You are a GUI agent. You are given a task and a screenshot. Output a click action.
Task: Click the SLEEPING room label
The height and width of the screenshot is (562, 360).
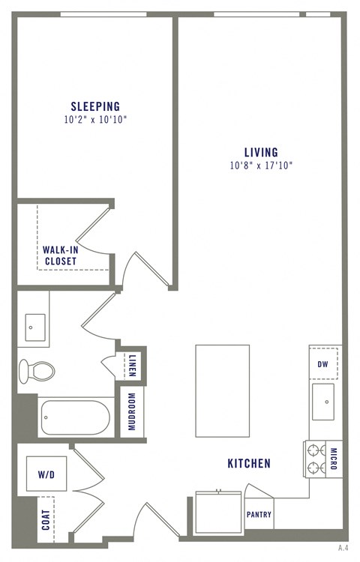point(95,106)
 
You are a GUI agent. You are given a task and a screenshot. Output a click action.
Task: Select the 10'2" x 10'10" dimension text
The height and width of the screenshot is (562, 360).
point(95,119)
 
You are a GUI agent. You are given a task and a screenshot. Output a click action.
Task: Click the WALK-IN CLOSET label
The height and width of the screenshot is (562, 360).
point(59,256)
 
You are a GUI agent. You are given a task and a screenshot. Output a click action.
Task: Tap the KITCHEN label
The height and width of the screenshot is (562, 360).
point(248,465)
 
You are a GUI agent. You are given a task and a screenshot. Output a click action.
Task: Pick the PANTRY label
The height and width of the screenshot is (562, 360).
point(259,515)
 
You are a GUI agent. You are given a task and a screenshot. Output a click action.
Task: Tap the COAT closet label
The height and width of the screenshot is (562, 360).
point(46,520)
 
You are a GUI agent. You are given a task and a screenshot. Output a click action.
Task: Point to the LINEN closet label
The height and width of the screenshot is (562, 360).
point(132,365)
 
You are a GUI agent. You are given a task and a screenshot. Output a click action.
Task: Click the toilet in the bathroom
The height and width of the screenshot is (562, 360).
point(37,369)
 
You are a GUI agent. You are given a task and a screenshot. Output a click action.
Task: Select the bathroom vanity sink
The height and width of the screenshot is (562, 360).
point(35,327)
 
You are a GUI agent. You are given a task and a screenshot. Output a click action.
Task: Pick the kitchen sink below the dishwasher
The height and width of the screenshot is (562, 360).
point(325,401)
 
